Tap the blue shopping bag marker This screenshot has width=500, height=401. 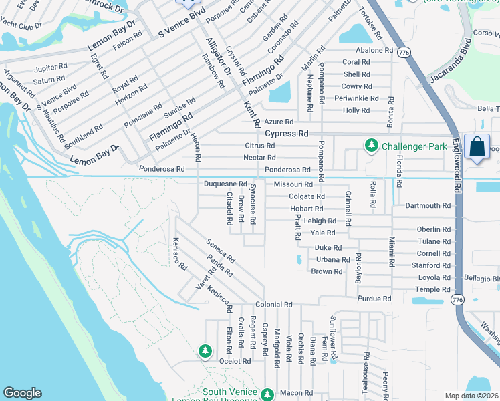tap(479, 148)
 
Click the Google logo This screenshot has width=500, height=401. tap(22, 393)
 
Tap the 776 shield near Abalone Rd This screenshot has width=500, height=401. tap(404, 51)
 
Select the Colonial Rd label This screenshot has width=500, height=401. tap(279, 305)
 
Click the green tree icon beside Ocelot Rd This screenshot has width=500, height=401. tap(205, 350)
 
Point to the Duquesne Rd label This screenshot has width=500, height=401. tap(226, 184)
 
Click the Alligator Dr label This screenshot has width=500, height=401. tap(217, 56)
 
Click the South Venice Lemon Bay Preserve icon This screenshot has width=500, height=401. tap(267, 394)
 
